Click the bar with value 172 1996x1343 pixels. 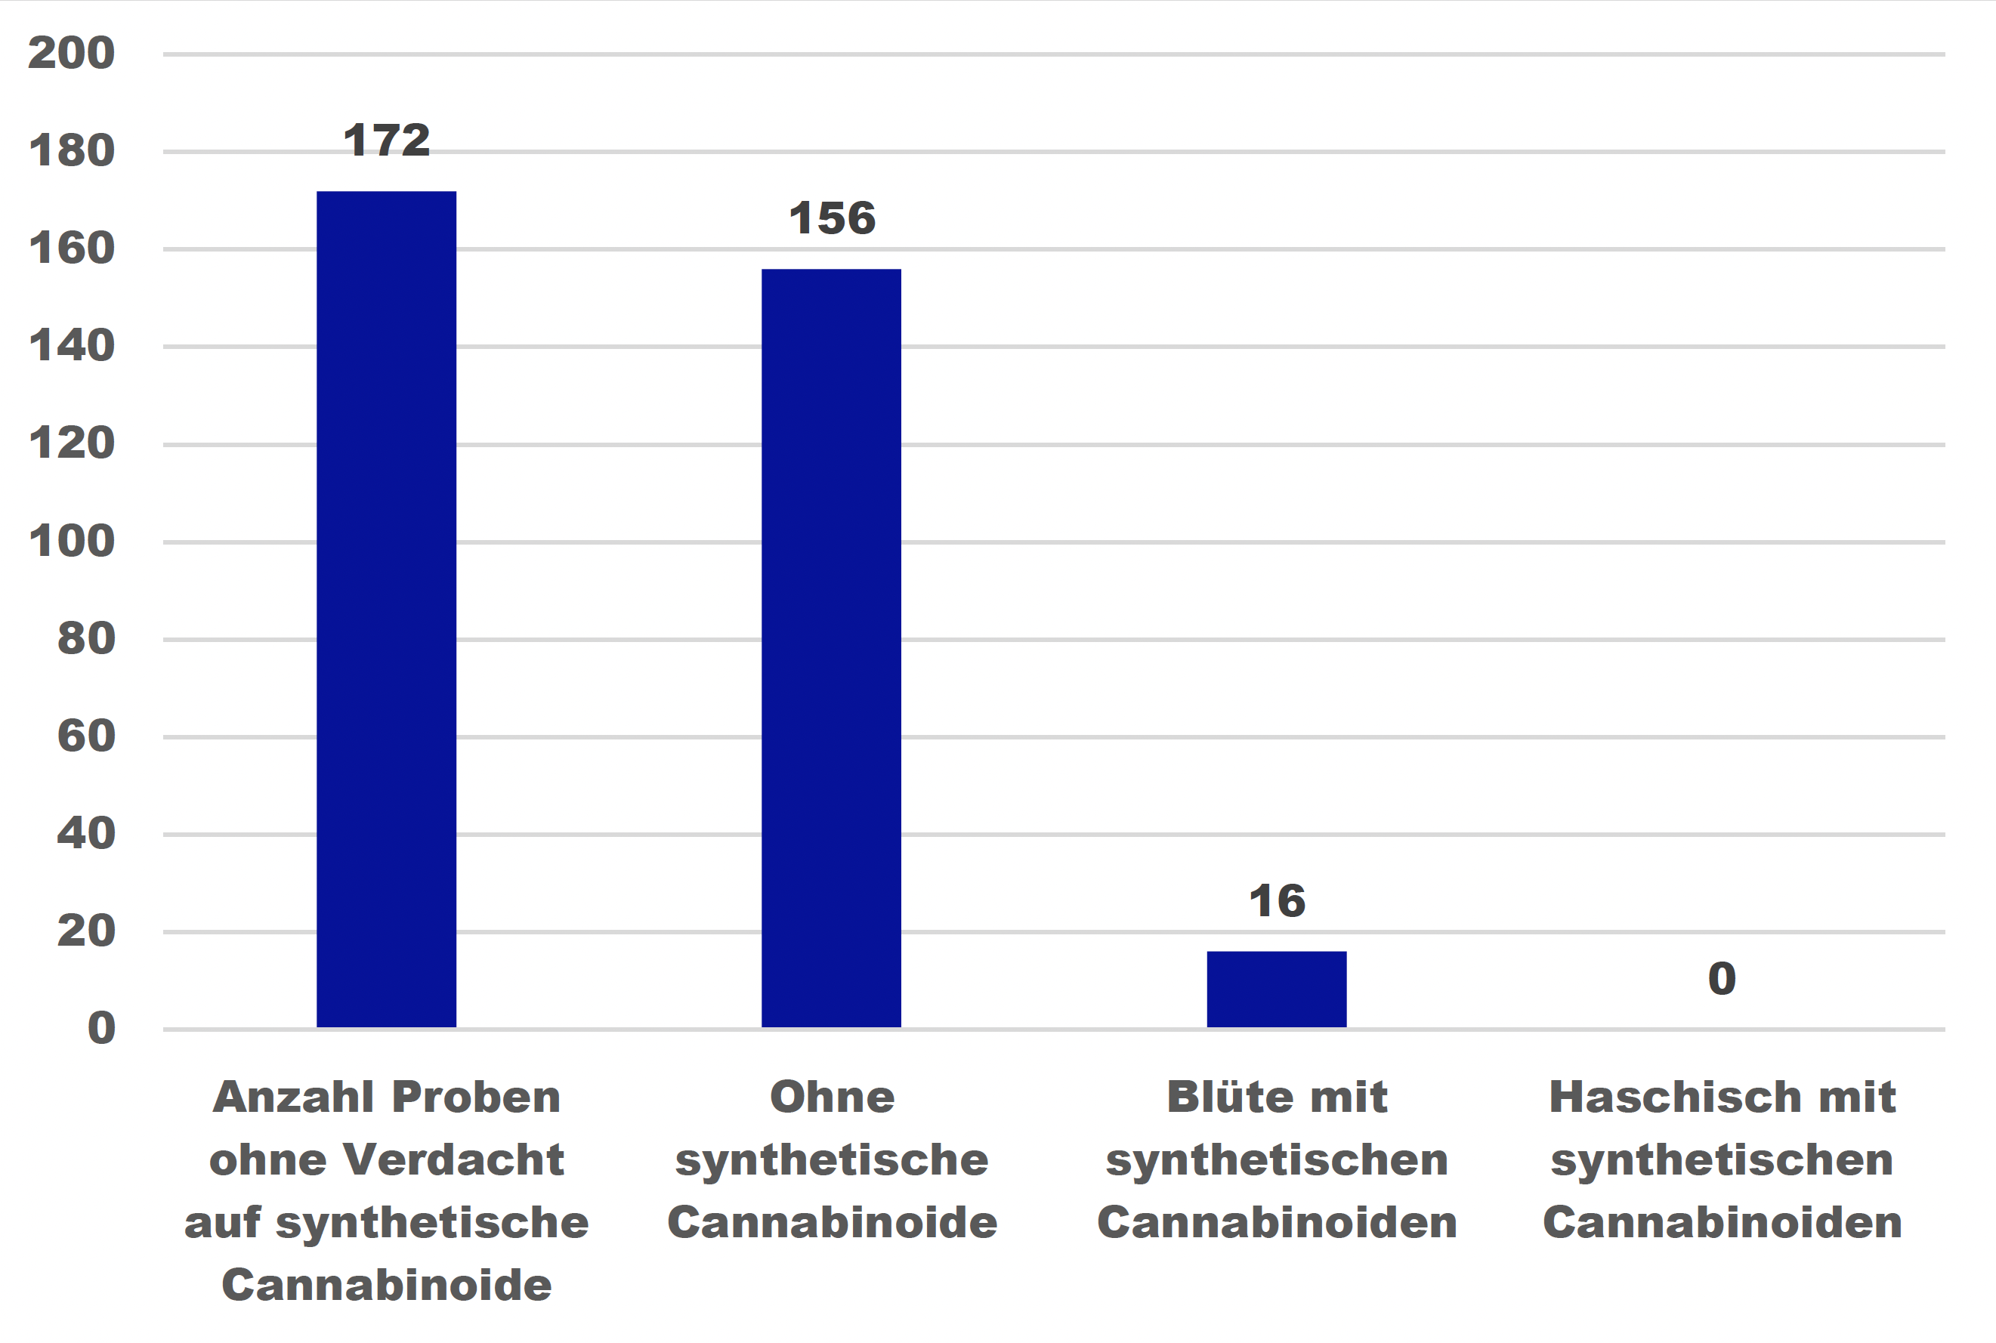[x=386, y=608]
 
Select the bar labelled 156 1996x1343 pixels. [x=831, y=647]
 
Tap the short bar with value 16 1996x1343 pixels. [x=1277, y=989]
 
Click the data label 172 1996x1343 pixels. [x=386, y=140]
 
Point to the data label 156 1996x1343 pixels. [x=832, y=218]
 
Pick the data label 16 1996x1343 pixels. [x=1277, y=901]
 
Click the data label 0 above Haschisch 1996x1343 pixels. [x=1722, y=979]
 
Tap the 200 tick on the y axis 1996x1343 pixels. [x=71, y=53]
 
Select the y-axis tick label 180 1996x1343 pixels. [x=71, y=151]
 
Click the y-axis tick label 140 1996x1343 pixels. [x=71, y=346]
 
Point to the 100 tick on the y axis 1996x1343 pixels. [x=71, y=542]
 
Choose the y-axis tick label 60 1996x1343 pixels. [x=85, y=736]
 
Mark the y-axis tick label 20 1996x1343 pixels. [x=85, y=931]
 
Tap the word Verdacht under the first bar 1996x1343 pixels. [x=453, y=1160]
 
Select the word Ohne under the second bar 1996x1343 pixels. [x=832, y=1098]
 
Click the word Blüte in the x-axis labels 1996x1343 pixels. [x=1215, y=1098]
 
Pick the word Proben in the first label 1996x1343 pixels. [x=476, y=1098]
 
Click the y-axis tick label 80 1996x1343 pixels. [x=85, y=639]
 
